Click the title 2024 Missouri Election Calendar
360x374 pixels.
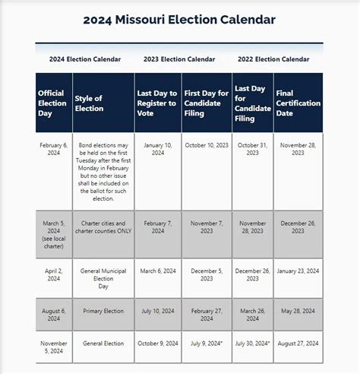tap(179, 19)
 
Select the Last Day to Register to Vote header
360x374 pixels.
tap(158, 103)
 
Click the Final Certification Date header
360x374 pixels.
tap(298, 103)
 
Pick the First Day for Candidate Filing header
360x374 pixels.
tap(207, 103)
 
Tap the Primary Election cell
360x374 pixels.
tap(103, 310)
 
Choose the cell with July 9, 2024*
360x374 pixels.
tap(207, 344)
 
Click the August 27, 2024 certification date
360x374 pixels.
tap(298, 344)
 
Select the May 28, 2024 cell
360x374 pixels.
tap(298, 310)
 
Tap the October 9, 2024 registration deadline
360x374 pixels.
tap(158, 344)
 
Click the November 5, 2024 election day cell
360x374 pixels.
tap(53, 348)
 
